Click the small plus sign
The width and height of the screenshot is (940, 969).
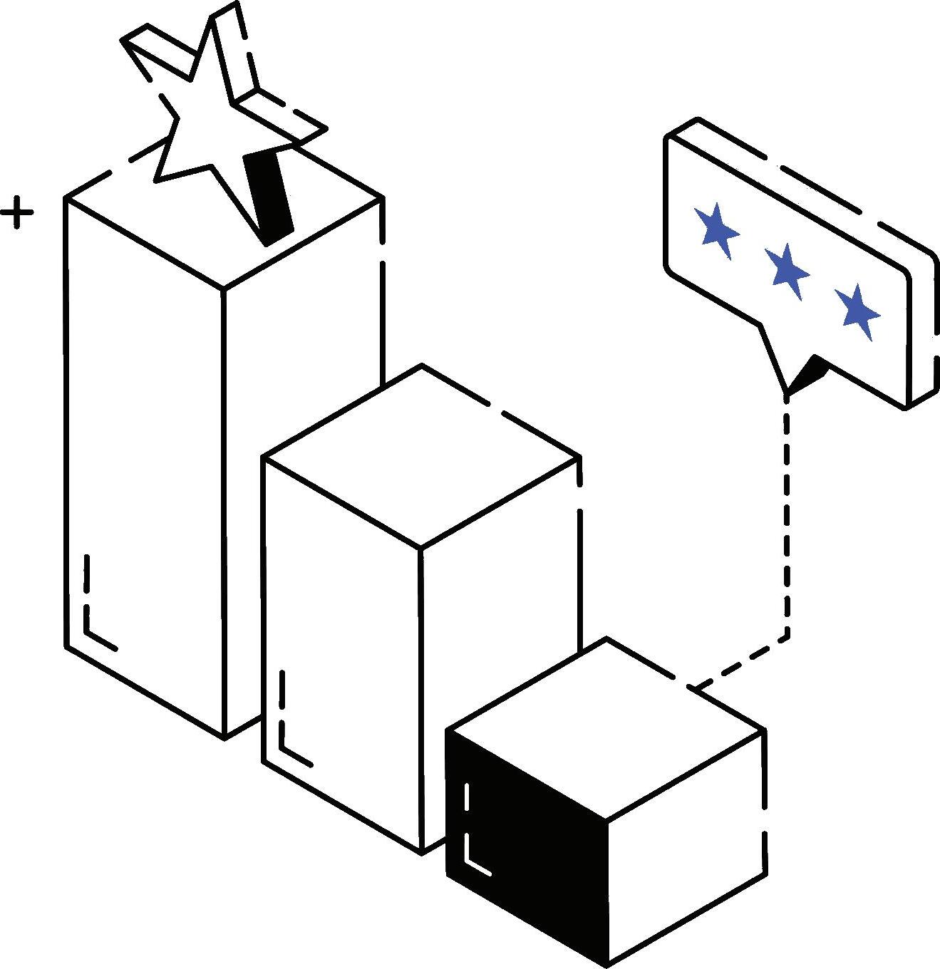(16, 213)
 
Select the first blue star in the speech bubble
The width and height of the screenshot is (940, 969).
(716, 229)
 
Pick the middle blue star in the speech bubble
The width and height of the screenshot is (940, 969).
(787, 270)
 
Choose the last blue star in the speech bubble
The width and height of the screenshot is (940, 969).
(857, 311)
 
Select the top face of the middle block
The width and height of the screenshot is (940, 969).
(420, 456)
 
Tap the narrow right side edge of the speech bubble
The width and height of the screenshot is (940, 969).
(921, 328)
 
